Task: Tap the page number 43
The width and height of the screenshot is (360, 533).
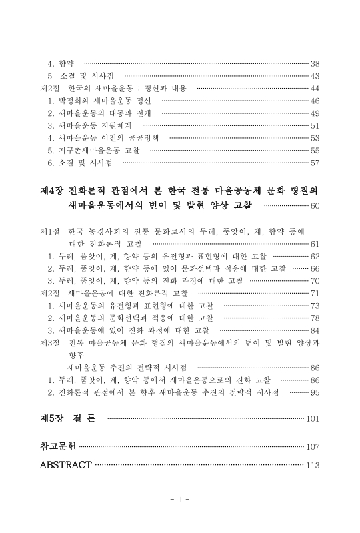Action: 315,75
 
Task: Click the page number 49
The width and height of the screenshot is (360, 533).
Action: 315,113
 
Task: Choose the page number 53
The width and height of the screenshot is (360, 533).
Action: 315,138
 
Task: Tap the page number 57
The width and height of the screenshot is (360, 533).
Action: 315,163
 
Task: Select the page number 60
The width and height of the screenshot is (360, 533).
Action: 315,206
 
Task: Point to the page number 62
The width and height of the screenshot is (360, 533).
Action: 315,256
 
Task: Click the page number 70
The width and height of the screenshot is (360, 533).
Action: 315,280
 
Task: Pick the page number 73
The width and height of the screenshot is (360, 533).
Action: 315,306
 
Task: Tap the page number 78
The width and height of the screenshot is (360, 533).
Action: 315,318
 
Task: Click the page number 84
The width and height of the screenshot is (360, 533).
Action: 315,330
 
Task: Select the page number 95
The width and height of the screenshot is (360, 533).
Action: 315,392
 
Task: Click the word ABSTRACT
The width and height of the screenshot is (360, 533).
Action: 65,464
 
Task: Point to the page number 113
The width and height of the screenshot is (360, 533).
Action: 313,465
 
